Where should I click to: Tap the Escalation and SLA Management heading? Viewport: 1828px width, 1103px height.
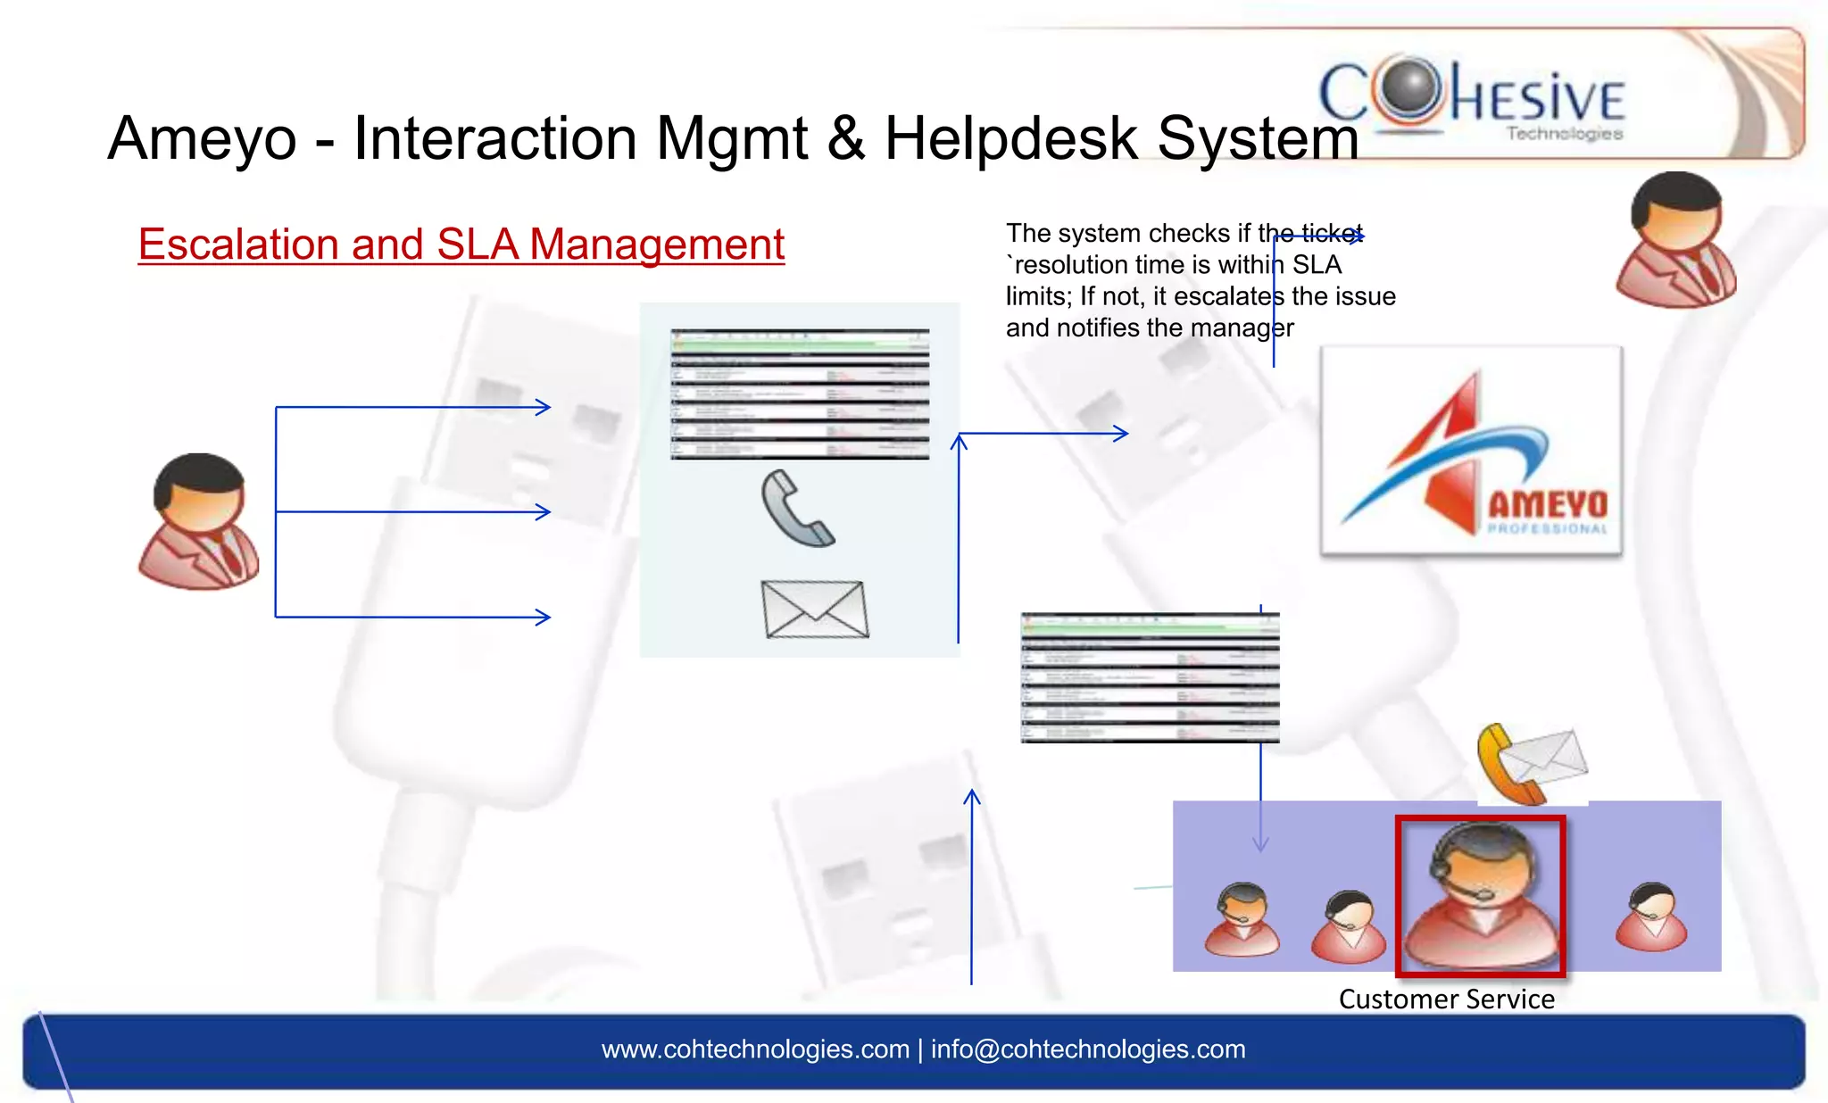point(461,245)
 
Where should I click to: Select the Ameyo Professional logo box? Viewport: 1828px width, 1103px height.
point(1471,452)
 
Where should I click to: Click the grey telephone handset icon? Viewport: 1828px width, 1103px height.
point(796,509)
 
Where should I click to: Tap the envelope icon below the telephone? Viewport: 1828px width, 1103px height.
point(814,610)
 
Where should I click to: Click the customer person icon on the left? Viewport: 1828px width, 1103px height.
point(199,522)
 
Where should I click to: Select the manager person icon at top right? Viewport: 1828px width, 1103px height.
point(1675,241)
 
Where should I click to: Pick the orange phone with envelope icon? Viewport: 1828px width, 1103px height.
point(1532,764)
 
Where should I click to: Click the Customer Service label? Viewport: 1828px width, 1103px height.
point(1446,999)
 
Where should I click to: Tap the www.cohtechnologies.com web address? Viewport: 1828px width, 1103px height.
point(755,1049)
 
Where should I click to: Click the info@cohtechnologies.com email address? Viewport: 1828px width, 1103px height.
point(1088,1049)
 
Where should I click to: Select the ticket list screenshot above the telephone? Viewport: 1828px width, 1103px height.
point(800,394)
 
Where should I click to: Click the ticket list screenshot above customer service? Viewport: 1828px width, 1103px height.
point(1150,677)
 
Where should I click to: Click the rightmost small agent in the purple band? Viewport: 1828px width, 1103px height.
point(1651,917)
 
